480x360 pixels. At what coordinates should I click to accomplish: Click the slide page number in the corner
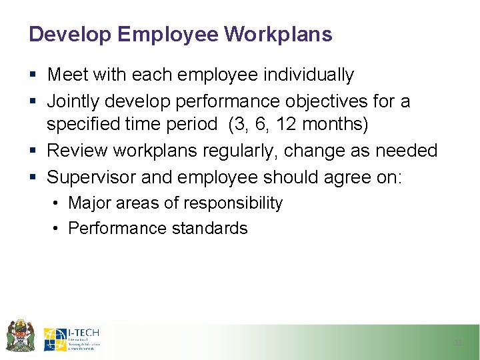[458, 343]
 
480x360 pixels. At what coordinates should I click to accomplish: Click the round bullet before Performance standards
[57, 229]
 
